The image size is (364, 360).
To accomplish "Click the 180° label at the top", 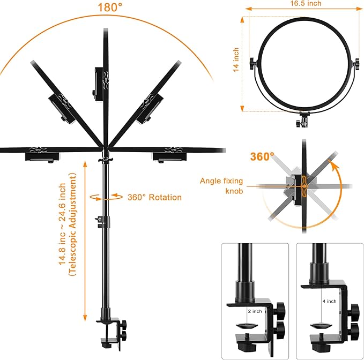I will click(110, 7).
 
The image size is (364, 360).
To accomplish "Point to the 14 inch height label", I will click(236, 61).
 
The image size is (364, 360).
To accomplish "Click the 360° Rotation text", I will click(154, 197).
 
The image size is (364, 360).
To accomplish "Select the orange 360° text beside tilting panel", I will click(262, 157).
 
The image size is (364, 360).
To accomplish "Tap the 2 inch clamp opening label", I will click(255, 311).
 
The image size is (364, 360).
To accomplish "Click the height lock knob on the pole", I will click(99, 219).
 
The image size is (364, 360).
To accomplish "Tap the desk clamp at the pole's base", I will click(111, 330).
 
